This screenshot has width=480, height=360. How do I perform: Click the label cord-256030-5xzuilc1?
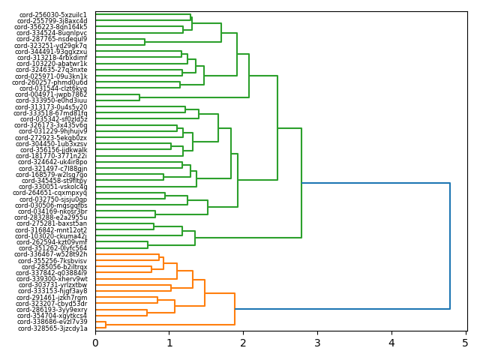[x=53, y=15]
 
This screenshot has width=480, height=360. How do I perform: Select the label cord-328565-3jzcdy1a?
[x=53, y=328]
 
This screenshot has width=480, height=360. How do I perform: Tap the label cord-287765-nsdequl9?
[x=52, y=39]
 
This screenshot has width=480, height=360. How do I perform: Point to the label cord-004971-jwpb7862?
[x=53, y=94]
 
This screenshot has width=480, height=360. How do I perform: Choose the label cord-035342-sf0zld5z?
[x=53, y=119]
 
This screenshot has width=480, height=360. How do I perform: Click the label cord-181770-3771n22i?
[x=53, y=156]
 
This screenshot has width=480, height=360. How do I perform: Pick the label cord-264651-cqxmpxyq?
[x=53, y=193]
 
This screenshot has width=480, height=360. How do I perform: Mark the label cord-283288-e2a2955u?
[x=53, y=217]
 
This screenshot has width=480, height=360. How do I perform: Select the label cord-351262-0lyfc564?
[x=53, y=248]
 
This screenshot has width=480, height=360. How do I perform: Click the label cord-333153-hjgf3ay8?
[x=53, y=292]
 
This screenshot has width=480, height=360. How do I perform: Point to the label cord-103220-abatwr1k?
[x=52, y=64]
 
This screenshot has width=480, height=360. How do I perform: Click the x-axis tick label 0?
[x=95, y=343]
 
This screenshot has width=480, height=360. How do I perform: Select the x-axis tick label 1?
[x=169, y=343]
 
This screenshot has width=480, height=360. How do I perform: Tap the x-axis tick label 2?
[x=243, y=343]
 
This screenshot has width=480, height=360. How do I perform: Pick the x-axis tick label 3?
[x=317, y=343]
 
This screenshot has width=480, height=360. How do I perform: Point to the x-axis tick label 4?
[x=391, y=343]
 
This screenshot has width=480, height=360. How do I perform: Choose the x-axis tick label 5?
[x=465, y=343]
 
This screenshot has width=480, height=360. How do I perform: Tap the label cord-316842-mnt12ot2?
[x=52, y=230]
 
